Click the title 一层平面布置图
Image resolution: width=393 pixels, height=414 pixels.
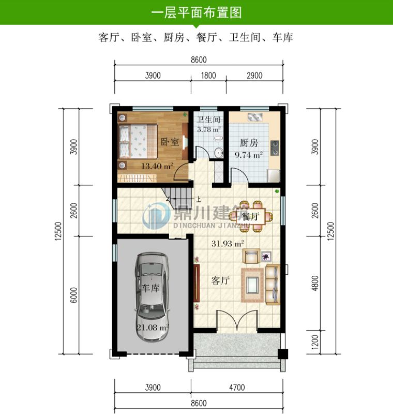196,11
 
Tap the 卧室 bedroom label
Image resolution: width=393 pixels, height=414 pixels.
170,141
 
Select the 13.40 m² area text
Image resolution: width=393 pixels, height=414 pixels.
157,166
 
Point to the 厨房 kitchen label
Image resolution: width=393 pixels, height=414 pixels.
248,143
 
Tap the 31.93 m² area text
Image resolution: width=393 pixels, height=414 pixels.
228,242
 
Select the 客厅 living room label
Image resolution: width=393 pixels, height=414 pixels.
221,280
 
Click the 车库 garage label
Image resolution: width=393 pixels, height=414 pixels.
149,288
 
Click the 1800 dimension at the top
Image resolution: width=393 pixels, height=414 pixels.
208,76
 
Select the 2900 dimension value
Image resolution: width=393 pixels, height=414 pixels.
254,76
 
